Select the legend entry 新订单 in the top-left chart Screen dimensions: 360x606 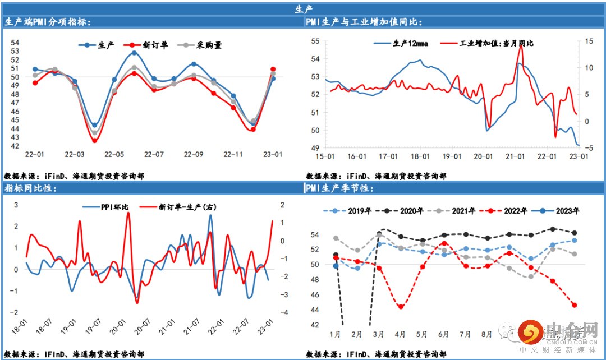pos(149,45)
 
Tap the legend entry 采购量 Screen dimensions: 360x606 pos(202,45)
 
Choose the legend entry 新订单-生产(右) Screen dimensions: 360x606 pos(180,207)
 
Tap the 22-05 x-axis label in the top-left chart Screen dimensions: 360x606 pos(114,154)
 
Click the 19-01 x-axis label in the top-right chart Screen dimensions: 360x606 pos(451,157)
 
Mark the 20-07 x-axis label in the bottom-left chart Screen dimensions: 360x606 pos(143,324)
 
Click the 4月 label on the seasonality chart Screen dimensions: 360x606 pos(400,334)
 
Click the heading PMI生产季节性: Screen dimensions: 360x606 pos(341,188)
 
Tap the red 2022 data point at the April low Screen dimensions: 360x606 pos(401,306)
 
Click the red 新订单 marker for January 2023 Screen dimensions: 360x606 pos(273,70)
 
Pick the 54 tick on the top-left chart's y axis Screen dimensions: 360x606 pos(15,43)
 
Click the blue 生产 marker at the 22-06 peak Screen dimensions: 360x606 pos(134,53)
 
